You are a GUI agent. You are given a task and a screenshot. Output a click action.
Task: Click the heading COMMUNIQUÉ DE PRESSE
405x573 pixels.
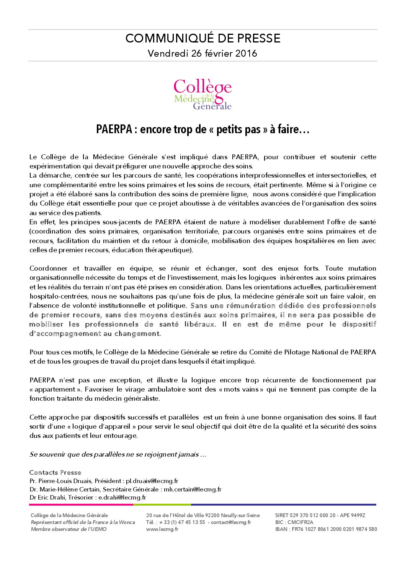pos(202,38)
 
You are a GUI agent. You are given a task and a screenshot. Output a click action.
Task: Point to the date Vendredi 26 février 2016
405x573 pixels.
pos(202,53)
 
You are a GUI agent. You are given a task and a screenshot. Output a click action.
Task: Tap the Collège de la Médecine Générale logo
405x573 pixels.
pos(202,94)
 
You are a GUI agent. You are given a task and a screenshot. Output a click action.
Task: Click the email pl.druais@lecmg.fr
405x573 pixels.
pos(152,481)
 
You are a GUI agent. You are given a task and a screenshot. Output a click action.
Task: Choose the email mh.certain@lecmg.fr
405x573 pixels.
pos(193,489)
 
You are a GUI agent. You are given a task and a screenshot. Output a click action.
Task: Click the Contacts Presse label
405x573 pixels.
pos(55,472)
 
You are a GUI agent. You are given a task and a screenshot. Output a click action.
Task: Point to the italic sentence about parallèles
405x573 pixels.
pos(118,454)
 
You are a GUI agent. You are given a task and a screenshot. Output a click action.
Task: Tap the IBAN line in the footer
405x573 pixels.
pos(326,529)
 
